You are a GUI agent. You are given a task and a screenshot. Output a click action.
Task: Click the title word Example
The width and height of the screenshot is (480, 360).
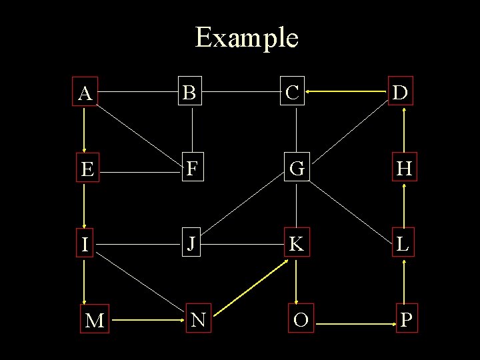pyautogui.click(x=247, y=37)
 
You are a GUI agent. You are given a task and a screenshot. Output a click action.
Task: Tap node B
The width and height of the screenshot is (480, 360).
pyautogui.click(x=191, y=93)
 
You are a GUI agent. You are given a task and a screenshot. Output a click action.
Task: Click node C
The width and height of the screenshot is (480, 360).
pyautogui.click(x=292, y=93)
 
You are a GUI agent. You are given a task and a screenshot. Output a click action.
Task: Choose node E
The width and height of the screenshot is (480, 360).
pyautogui.click(x=87, y=170)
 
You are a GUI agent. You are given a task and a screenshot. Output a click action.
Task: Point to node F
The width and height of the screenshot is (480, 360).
pyautogui.click(x=192, y=169)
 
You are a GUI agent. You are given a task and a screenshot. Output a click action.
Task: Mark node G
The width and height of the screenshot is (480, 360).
pyautogui.click(x=297, y=169)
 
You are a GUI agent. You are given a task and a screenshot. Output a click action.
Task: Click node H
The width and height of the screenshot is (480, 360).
pyautogui.click(x=404, y=169)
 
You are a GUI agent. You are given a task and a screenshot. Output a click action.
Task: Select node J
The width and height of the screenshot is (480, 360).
pyautogui.click(x=191, y=244)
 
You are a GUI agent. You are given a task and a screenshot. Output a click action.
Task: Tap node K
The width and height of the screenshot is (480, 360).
pyautogui.click(x=297, y=244)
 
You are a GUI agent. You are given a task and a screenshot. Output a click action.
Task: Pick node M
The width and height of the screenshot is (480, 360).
pyautogui.click(x=95, y=321)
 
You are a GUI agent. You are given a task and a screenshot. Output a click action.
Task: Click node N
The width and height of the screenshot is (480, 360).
pyautogui.click(x=197, y=320)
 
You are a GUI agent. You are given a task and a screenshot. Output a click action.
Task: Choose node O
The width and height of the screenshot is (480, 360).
pyautogui.click(x=300, y=320)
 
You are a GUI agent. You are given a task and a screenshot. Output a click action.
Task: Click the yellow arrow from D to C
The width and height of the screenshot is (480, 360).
pyautogui.click(x=347, y=93)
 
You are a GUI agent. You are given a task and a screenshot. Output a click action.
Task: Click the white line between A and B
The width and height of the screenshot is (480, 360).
pyautogui.click(x=137, y=93)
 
